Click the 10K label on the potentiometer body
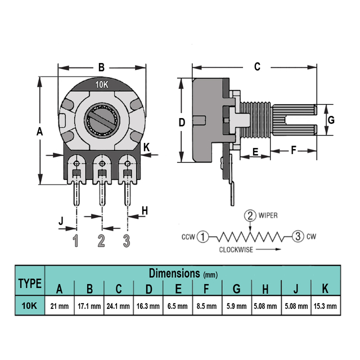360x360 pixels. [102, 85]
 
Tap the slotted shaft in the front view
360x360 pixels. [102, 120]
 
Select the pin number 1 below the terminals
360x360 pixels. [76, 241]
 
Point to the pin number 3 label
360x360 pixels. [127, 241]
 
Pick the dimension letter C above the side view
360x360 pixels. [257, 67]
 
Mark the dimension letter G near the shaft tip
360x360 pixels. [331, 120]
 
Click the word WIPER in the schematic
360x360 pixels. [269, 215]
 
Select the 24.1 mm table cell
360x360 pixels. [118, 307]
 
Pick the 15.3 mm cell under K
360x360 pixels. [325, 307]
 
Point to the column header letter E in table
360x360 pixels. [178, 290]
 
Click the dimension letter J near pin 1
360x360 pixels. [61, 222]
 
